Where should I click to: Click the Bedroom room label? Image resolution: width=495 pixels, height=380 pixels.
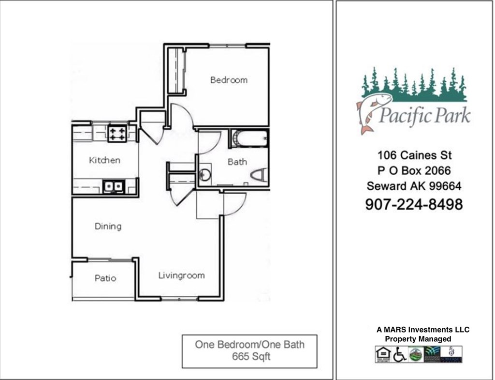pyautogui.click(x=229, y=80)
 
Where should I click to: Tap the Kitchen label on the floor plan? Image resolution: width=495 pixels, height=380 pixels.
pyautogui.click(x=104, y=160)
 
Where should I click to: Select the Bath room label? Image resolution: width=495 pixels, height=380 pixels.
pyautogui.click(x=237, y=162)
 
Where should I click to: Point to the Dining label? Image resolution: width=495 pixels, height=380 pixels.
pyautogui.click(x=108, y=226)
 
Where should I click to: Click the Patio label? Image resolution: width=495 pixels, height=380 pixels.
pyautogui.click(x=105, y=278)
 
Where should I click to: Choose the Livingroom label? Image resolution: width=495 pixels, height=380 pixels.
pyautogui.click(x=181, y=275)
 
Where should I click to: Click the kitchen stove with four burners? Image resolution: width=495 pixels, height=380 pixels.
pyautogui.click(x=117, y=133)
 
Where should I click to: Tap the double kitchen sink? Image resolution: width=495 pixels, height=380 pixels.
pyautogui.click(x=113, y=186)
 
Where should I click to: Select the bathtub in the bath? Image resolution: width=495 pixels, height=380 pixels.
pyautogui.click(x=249, y=138)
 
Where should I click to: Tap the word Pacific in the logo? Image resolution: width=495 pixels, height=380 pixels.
pyautogui.click(x=399, y=116)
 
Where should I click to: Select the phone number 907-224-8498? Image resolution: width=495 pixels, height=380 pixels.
pyautogui.click(x=413, y=204)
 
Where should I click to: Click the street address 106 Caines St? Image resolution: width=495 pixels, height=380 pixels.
pyautogui.click(x=414, y=155)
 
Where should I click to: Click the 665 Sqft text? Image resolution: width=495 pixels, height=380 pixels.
pyautogui.click(x=249, y=357)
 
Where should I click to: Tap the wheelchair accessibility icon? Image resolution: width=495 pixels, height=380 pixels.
pyautogui.click(x=399, y=355)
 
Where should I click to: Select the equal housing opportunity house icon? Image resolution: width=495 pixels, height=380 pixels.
pyautogui.click(x=382, y=355)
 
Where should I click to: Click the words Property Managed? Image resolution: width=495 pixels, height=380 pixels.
pyautogui.click(x=418, y=339)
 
